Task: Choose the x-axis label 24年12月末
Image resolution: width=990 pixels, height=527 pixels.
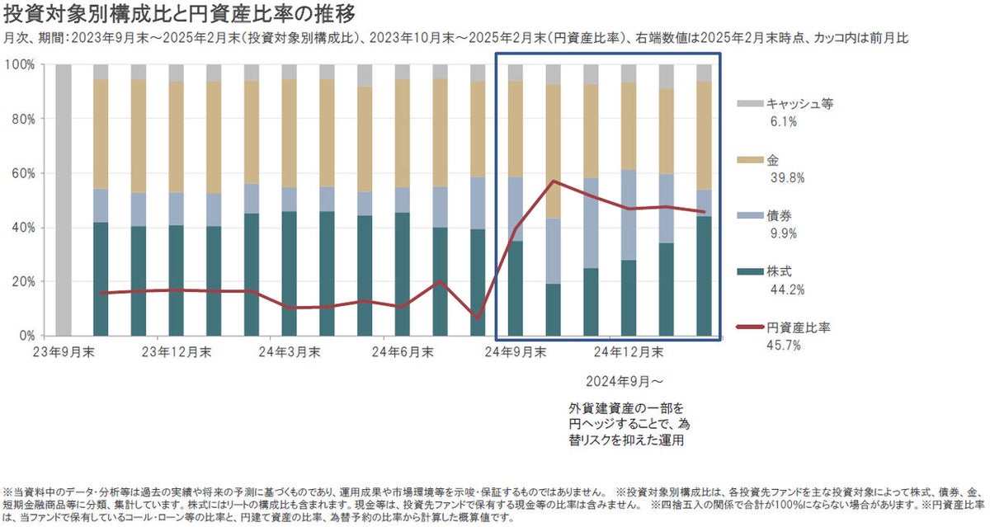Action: tap(629, 352)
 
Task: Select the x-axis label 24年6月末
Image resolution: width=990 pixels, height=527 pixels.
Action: tap(403, 352)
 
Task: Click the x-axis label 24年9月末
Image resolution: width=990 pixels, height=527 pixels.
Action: tap(516, 352)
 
